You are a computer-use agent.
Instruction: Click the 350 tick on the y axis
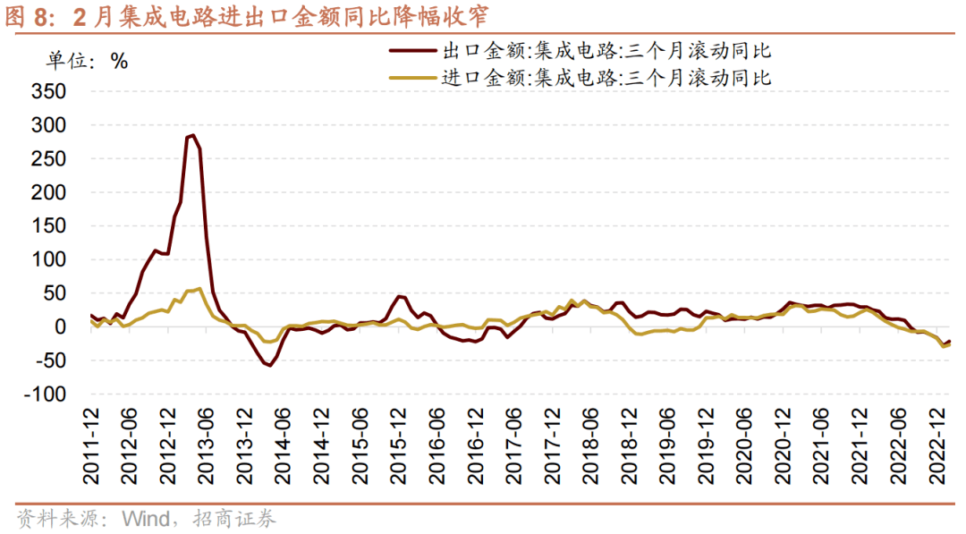[48, 91]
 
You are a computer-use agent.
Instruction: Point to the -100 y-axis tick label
[46, 394]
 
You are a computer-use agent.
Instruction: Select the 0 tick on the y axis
[61, 327]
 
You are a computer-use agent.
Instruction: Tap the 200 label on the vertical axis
[48, 192]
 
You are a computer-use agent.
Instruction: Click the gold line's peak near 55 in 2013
[199, 288]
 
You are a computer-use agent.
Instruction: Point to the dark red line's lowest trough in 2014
[268, 365]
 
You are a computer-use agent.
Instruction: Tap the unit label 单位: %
[87, 61]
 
